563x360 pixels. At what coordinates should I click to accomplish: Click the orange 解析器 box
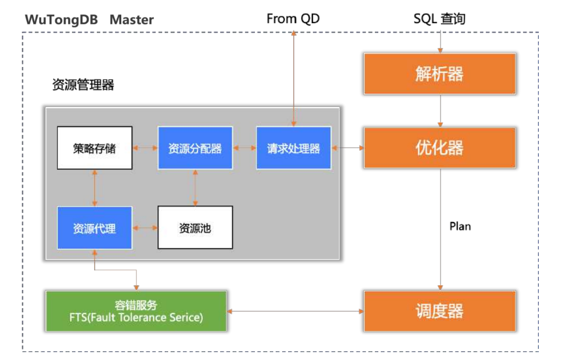439,74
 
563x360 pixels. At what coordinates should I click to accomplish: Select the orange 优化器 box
439,148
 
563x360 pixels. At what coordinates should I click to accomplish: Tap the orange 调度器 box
439,311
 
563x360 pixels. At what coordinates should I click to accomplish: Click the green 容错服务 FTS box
136,311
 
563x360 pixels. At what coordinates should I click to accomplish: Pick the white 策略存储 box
94,148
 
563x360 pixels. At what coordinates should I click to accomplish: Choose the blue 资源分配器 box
195,148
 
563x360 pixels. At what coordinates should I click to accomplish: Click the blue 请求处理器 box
293,148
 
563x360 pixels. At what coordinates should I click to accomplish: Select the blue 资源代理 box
94,228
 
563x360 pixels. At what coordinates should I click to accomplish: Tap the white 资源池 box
195,228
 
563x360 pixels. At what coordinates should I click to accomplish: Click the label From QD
293,19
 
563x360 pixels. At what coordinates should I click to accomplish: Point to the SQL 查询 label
439,19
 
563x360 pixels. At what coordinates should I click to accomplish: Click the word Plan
460,226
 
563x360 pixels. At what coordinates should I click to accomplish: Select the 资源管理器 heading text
83,85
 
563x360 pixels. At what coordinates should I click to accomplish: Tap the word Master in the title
132,20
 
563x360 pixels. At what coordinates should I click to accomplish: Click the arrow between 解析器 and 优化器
440,111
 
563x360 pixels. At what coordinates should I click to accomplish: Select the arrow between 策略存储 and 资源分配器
145,148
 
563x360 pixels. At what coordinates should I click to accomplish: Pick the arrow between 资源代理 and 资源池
145,228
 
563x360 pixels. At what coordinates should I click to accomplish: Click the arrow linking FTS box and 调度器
295,312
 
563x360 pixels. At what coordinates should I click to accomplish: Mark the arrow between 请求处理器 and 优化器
348,148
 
